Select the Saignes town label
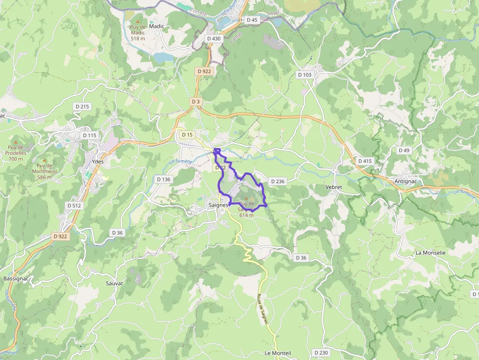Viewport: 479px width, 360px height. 218,205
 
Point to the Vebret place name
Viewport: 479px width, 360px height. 334,187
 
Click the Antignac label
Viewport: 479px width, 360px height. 407,181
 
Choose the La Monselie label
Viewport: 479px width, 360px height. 430,253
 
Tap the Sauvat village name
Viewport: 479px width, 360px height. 114,283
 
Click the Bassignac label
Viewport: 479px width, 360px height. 16,278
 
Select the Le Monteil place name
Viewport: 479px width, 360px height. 278,353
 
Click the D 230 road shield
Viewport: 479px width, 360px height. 321,352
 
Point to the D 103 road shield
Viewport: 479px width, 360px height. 304,75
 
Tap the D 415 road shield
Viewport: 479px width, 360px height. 365,161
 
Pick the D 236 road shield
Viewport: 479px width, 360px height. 277,181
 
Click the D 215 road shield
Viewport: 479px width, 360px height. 83,106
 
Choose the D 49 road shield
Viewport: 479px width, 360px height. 404,150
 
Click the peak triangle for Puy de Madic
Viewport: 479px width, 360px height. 138,21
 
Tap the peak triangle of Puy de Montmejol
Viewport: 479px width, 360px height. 44,160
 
